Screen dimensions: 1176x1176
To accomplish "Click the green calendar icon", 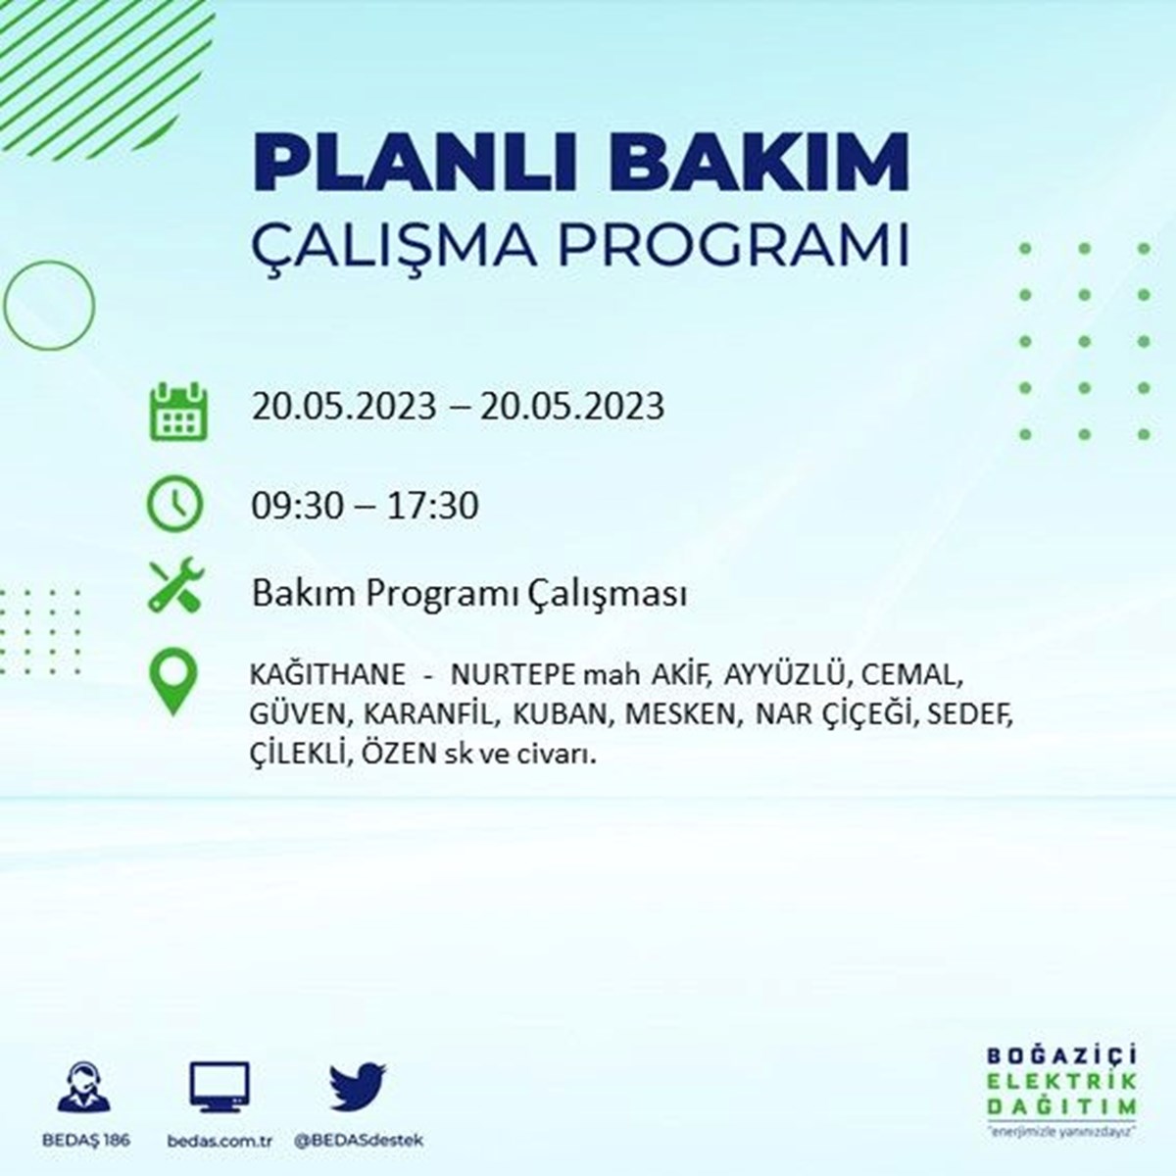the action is pos(178,411).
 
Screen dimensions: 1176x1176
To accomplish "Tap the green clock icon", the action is pos(174,504).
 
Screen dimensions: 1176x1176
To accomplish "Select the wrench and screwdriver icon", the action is pos(176,585).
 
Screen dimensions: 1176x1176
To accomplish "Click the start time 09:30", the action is pos(297,506).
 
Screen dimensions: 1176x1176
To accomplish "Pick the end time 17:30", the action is pos(433,506).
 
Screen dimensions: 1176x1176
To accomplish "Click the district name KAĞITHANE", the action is pos(327,674).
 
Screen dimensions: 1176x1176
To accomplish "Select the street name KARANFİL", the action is pos(428,714).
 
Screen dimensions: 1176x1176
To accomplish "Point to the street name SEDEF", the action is pos(970,714).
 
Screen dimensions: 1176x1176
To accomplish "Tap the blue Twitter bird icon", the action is pos(358,1086).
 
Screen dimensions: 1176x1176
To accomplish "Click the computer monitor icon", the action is pos(220,1087).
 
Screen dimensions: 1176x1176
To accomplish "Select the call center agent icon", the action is pos(84,1086).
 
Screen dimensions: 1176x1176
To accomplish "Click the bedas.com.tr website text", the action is pos(220,1140).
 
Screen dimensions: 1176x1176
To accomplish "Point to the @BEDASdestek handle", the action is pos(359,1140).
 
